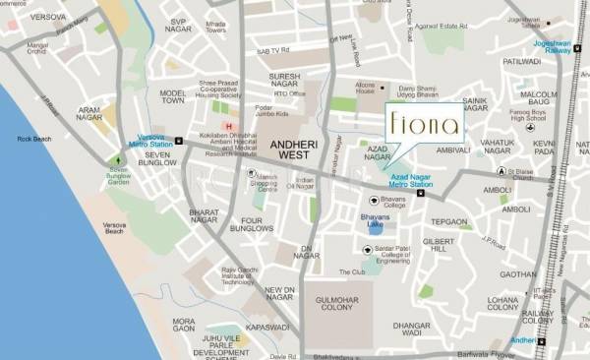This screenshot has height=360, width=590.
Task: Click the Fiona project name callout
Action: click(x=423, y=126)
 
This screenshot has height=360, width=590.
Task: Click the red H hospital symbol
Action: click(x=229, y=127)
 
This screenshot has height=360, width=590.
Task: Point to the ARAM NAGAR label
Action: click(x=89, y=115)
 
